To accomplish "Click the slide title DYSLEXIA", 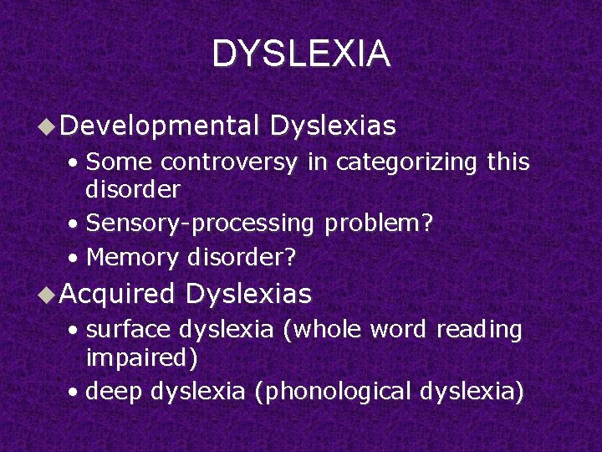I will tap(301, 54).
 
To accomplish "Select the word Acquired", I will tap(117, 294).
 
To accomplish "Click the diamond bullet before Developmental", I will tap(48, 126).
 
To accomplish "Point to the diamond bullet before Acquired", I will tap(48, 294).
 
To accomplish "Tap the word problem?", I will tap(379, 223).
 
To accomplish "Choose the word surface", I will tap(127, 331).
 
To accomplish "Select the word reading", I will tap(479, 331).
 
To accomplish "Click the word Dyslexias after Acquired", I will tap(249, 294).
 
